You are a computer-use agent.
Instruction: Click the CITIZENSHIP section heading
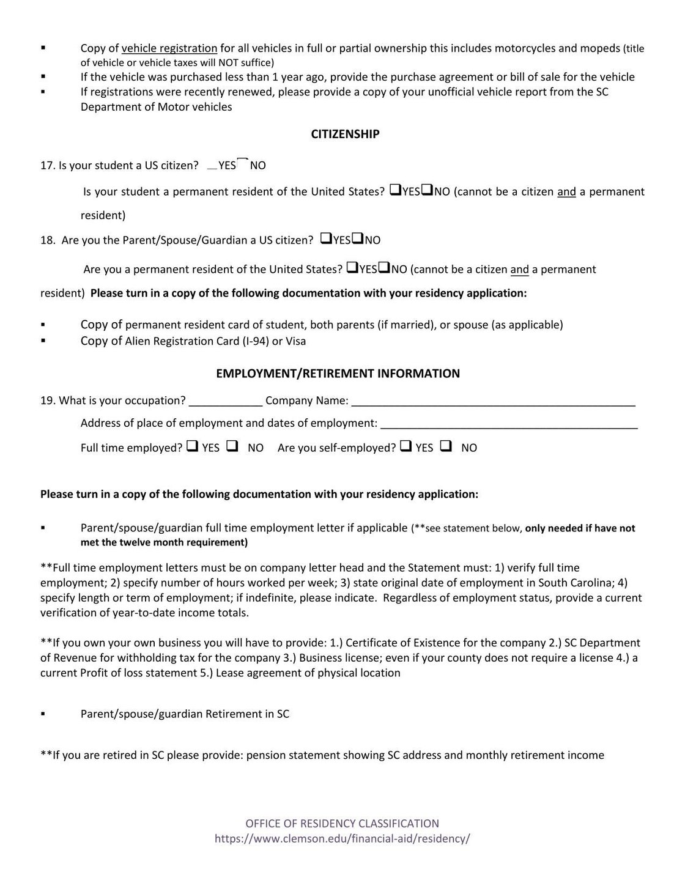345,134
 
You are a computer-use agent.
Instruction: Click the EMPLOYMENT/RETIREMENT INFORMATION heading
338,374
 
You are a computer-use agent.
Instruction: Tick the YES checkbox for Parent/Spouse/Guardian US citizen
326,238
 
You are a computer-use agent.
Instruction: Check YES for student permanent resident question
395,190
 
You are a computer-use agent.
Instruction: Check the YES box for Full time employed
192,446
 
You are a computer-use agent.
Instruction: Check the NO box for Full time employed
232,446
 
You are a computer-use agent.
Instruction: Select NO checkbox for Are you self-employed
446,446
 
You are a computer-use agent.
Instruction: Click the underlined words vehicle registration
169,48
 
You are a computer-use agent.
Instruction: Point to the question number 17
47,166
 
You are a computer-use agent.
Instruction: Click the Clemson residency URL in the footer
342,839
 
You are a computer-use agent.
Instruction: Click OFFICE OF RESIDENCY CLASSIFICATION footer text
342,824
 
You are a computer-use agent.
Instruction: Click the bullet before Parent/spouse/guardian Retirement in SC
43,714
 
